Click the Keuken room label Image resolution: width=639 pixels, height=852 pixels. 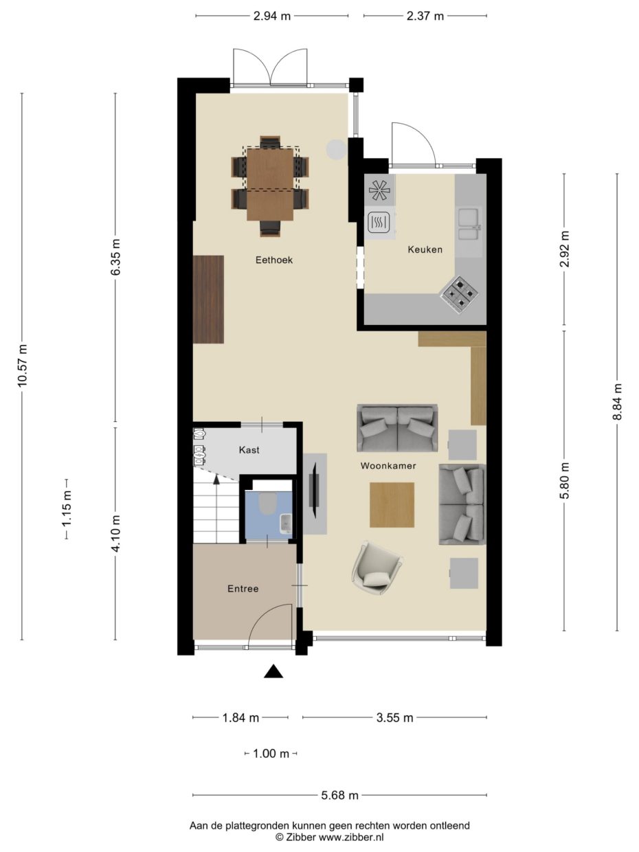(425, 249)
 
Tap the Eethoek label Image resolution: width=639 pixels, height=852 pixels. (274, 260)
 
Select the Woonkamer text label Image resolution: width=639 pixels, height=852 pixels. (388, 466)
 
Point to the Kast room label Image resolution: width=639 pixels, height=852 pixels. (249, 450)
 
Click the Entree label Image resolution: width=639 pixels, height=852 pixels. (243, 589)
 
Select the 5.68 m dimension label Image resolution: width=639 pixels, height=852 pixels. (339, 796)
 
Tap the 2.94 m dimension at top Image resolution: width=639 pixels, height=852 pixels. (271, 16)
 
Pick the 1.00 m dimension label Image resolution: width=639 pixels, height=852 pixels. (271, 754)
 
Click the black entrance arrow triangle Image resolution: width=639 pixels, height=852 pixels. (273, 672)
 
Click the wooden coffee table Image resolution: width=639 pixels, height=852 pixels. (392, 505)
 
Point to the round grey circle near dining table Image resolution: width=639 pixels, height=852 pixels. (336, 150)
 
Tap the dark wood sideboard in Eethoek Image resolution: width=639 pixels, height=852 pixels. (208, 299)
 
